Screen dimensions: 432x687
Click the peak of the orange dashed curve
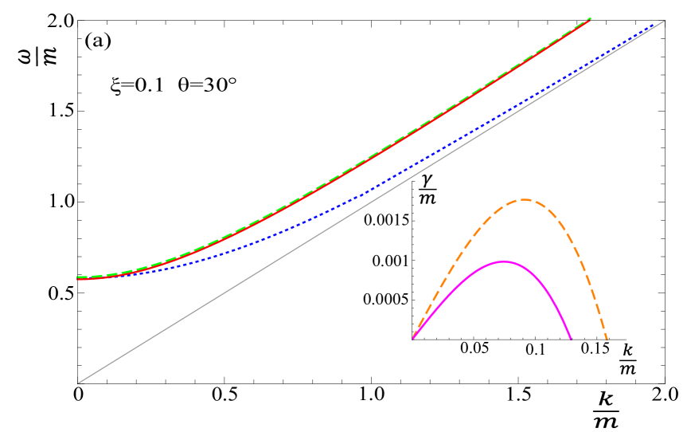(524, 199)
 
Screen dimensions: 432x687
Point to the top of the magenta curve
(503, 261)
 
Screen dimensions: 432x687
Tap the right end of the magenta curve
(571, 339)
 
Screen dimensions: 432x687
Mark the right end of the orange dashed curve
(607, 340)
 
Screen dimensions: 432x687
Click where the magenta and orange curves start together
(413, 337)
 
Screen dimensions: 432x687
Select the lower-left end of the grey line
(77, 384)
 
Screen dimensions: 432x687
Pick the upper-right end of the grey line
(665, 21)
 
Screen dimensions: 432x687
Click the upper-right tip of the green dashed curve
(591, 18)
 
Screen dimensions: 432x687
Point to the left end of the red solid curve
(77, 279)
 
